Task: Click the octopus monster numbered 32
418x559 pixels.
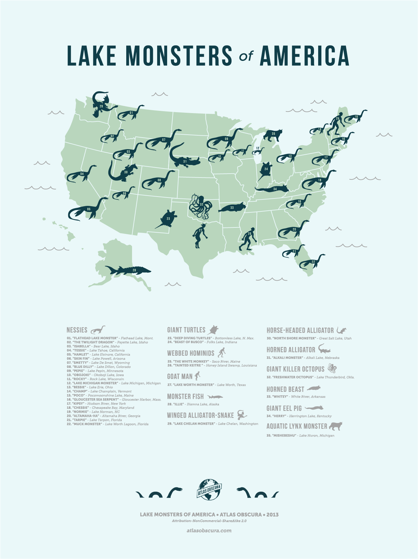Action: coord(200,206)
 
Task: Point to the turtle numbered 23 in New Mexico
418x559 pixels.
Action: coord(168,219)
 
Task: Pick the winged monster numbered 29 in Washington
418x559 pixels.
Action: coord(100,104)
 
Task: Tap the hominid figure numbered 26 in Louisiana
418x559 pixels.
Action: coord(249,238)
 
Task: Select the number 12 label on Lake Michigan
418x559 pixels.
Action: coord(258,149)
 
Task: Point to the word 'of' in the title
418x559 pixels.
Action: coord(246,57)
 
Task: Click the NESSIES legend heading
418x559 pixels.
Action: coord(77,330)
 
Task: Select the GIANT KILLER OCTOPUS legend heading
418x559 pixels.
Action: coord(295,369)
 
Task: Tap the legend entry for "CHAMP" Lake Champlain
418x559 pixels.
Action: coord(99,391)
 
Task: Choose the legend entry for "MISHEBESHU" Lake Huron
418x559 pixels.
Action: coord(300,436)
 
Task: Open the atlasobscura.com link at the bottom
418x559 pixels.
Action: coord(209,530)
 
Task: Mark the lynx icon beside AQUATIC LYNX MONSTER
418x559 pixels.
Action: coord(336,426)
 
